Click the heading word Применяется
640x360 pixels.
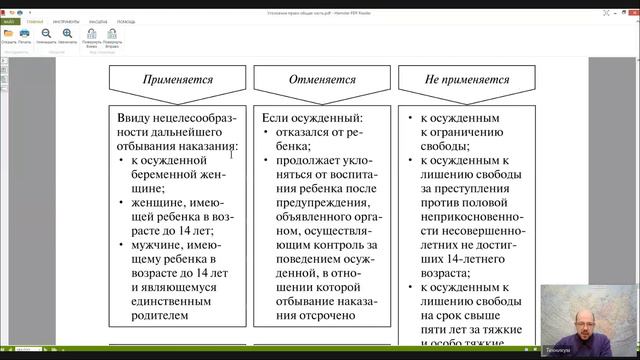176,78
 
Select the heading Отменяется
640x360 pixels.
314,78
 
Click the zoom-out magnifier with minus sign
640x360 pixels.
67,33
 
